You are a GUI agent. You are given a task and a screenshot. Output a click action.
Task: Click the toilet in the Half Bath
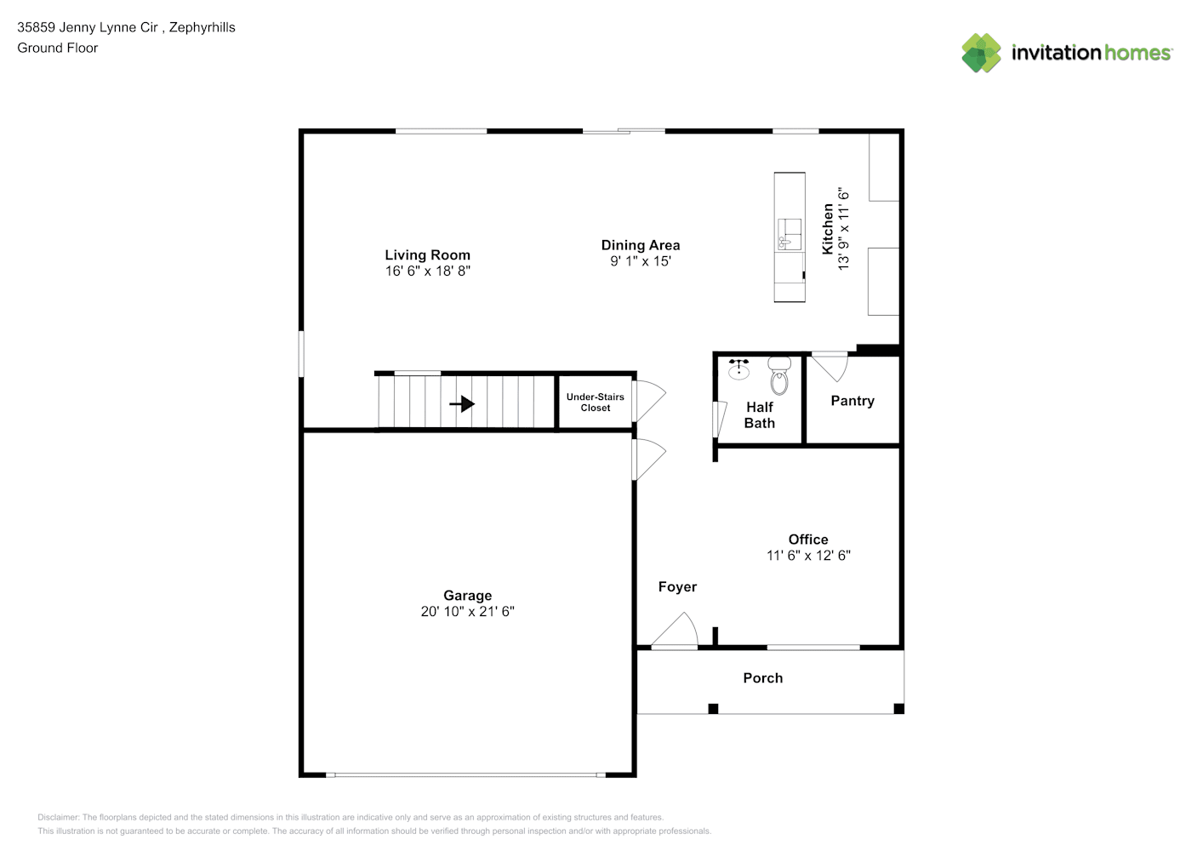click(779, 376)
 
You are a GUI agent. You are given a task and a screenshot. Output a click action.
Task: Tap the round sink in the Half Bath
click(739, 369)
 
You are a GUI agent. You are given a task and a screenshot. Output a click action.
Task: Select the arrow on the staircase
click(462, 404)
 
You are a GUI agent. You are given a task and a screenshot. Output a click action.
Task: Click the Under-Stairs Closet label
click(595, 403)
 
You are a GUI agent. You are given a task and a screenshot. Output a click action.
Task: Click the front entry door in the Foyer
click(675, 631)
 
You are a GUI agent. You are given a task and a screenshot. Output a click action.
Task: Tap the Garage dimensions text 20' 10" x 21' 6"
click(467, 611)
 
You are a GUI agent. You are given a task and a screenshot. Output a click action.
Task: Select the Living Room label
click(427, 254)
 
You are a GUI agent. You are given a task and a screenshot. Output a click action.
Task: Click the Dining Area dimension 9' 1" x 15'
click(641, 261)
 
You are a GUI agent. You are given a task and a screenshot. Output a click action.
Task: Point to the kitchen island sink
click(789, 234)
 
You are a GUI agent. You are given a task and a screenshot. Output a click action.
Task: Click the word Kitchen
click(828, 229)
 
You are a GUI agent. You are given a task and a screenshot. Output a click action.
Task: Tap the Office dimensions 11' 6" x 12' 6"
click(808, 555)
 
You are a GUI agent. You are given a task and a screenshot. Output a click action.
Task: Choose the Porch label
click(762, 678)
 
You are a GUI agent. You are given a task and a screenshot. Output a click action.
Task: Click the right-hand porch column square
click(898, 709)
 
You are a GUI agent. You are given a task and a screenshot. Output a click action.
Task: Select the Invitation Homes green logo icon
click(981, 53)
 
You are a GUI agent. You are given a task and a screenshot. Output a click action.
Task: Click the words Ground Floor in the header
click(58, 48)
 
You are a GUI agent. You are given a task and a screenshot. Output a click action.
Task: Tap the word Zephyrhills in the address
click(202, 27)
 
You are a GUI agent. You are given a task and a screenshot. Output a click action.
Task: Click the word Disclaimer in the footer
click(58, 817)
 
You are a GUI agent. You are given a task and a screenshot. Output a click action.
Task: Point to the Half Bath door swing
click(720, 419)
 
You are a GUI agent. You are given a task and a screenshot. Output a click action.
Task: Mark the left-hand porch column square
click(713, 709)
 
